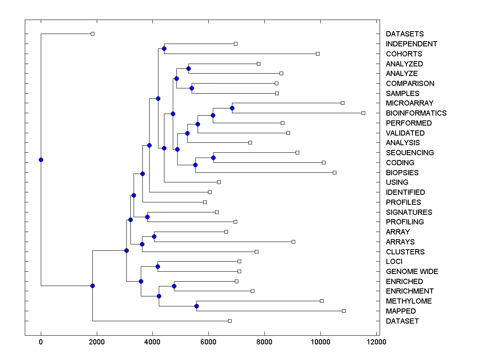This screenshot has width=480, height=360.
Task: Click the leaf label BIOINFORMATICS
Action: (416, 113)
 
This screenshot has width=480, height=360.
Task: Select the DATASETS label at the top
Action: (405, 34)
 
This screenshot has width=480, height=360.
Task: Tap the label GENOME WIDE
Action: (412, 272)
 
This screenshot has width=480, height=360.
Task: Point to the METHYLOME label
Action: (409, 301)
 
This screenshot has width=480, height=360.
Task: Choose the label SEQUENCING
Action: (410, 153)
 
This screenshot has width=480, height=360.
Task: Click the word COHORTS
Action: (404, 54)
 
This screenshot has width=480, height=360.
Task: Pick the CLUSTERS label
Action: (405, 252)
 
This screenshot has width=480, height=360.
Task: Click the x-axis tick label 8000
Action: (264, 342)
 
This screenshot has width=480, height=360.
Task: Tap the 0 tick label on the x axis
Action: (41, 342)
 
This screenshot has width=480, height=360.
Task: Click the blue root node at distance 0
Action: (41, 160)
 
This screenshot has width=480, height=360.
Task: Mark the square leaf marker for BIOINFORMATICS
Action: (363, 113)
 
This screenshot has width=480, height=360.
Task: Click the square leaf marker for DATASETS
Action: (92, 34)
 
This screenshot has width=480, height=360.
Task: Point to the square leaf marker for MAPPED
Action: (344, 311)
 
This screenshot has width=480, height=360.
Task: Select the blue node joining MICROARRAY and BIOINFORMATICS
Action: (232, 108)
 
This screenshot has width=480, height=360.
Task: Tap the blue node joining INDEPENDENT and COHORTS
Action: (164, 48)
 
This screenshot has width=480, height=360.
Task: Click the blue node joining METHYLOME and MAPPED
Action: (196, 306)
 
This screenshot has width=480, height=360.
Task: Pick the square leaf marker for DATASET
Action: (230, 321)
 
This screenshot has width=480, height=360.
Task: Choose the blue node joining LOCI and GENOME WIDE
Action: (158, 266)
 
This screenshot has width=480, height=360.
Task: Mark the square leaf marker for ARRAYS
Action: (293, 242)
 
